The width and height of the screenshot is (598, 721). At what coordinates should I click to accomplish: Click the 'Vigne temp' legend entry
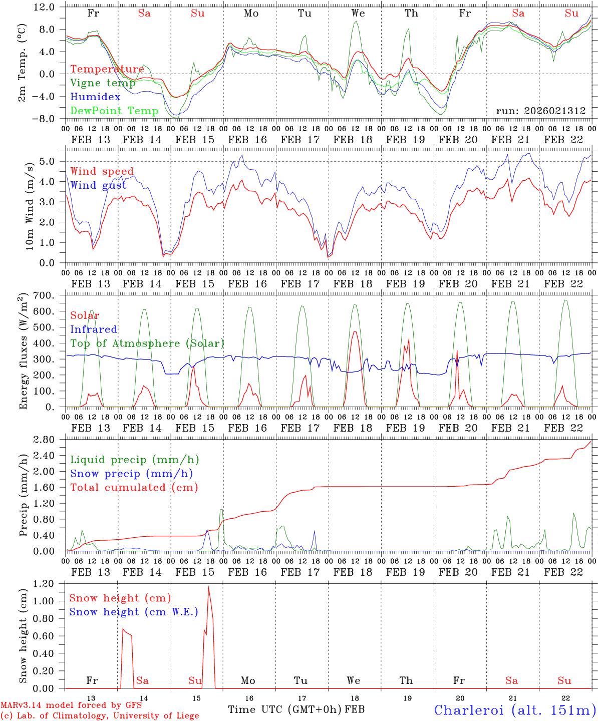[x=103, y=83]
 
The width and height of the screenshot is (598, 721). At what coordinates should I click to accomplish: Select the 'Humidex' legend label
[x=95, y=97]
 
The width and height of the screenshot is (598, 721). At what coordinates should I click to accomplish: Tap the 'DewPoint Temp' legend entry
[x=114, y=111]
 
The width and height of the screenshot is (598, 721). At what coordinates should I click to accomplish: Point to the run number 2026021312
[x=541, y=111]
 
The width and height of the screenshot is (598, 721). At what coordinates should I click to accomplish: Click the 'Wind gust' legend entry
[x=98, y=185]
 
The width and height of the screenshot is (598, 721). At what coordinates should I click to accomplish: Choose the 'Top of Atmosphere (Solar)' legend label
[x=147, y=343]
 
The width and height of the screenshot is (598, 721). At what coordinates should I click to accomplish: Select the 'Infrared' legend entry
[x=94, y=329]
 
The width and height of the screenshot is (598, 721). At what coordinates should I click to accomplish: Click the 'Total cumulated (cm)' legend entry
[x=134, y=488]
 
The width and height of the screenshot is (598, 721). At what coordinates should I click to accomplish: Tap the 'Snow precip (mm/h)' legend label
[x=131, y=474]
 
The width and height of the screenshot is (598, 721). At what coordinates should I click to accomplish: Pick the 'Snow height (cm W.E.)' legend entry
[x=133, y=612]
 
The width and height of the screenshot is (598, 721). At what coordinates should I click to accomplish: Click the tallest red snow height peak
[x=208, y=587]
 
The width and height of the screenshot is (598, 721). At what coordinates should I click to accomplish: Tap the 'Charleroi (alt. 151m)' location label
[x=514, y=710]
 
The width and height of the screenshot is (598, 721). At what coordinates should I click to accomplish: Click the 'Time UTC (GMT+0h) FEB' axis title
[x=296, y=709]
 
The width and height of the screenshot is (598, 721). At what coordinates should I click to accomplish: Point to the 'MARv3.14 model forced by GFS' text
[x=71, y=705]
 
